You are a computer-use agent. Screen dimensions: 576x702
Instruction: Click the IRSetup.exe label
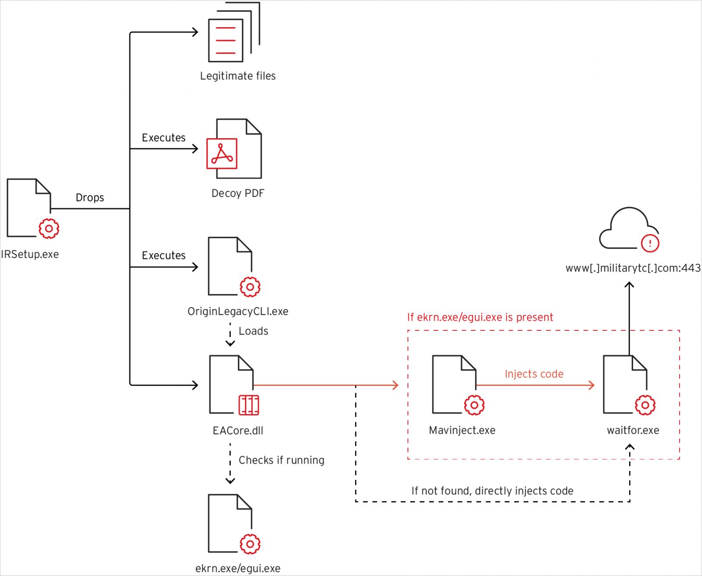(30, 254)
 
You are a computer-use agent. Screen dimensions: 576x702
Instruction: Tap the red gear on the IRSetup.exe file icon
(49, 229)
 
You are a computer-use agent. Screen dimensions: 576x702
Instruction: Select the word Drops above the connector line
(90, 197)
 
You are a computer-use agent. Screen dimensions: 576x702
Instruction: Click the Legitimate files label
(238, 76)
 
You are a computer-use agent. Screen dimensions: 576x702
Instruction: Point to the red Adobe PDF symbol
(222, 154)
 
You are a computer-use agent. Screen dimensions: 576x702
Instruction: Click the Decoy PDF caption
(238, 193)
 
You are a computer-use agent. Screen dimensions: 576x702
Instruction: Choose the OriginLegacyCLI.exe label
(238, 311)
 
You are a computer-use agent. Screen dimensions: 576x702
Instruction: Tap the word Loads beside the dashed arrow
(253, 331)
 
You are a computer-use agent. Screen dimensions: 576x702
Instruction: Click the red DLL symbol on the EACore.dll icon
(249, 405)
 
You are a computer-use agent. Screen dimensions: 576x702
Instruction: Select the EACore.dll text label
(238, 431)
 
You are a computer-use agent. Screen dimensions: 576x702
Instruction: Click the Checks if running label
(281, 460)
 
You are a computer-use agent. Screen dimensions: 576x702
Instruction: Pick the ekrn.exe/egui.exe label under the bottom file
(238, 569)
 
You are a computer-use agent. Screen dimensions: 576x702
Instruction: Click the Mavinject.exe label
(462, 430)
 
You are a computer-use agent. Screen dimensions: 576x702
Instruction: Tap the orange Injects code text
(534, 374)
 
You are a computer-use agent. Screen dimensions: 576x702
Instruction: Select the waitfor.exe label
(633, 430)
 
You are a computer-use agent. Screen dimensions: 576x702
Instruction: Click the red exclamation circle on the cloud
(650, 243)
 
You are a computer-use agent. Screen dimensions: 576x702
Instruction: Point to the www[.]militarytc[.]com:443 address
(633, 268)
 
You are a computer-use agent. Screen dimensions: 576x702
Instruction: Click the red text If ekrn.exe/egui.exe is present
(480, 317)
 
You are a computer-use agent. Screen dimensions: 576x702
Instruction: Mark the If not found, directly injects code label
(492, 491)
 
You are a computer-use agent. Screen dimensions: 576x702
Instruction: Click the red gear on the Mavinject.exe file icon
(474, 405)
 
